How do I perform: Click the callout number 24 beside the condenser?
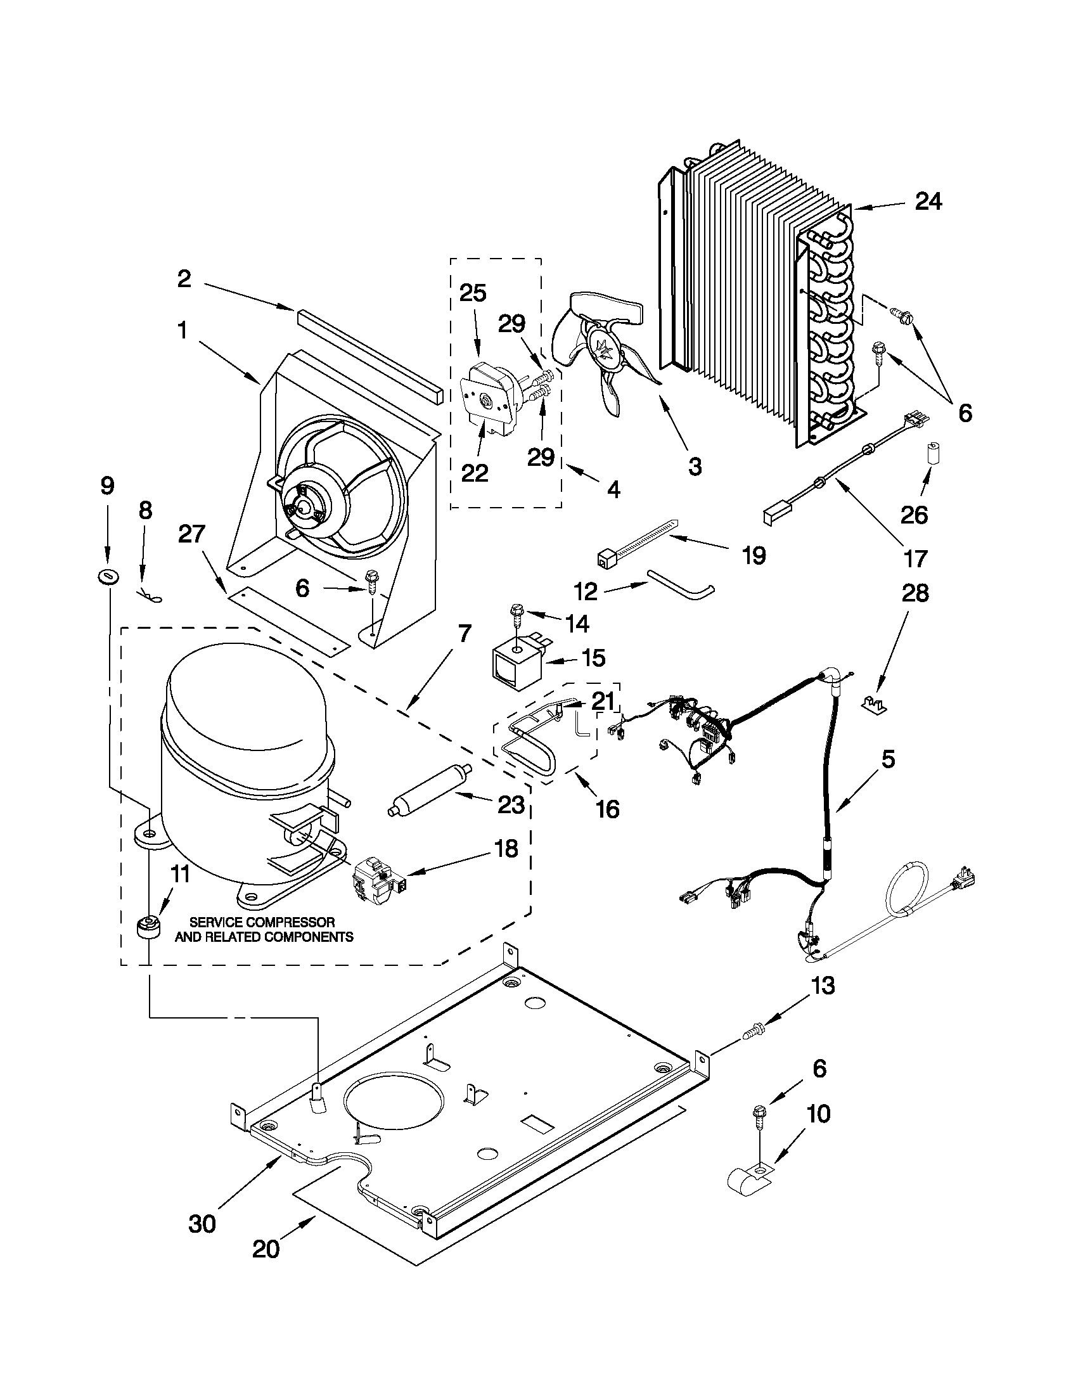(928, 202)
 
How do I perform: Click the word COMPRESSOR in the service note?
(290, 922)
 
